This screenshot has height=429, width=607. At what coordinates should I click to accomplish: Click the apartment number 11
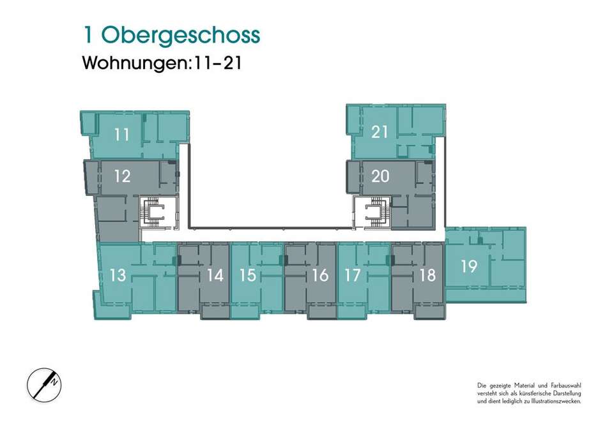[x=121, y=135]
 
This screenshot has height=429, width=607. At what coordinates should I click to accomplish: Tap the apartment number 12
[x=122, y=176]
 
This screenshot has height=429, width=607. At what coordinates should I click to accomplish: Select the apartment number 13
[x=118, y=275]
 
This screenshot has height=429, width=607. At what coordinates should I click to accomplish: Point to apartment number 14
[x=215, y=275]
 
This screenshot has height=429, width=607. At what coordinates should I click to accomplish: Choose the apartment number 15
[x=248, y=275]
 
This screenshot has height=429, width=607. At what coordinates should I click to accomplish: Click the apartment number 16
[x=321, y=275]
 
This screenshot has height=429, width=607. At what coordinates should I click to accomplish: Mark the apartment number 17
[x=352, y=275]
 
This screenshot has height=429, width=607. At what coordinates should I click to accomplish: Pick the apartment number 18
[x=427, y=275]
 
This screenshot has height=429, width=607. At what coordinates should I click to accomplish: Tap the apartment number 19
[x=469, y=266]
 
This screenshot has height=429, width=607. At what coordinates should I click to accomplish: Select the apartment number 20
[x=380, y=176]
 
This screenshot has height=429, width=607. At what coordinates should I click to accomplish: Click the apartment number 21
[x=380, y=132]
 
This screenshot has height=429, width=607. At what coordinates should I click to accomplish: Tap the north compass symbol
[x=44, y=385]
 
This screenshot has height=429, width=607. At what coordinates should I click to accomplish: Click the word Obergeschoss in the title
[x=180, y=36]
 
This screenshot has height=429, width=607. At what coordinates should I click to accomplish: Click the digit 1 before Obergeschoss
[x=88, y=35]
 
